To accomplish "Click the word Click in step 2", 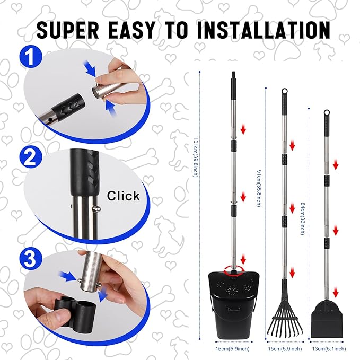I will tap(124, 196).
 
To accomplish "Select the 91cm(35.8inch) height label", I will tap(258, 188).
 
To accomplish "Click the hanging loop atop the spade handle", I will tap(327, 113).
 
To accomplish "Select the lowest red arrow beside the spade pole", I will tap(336, 292).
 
